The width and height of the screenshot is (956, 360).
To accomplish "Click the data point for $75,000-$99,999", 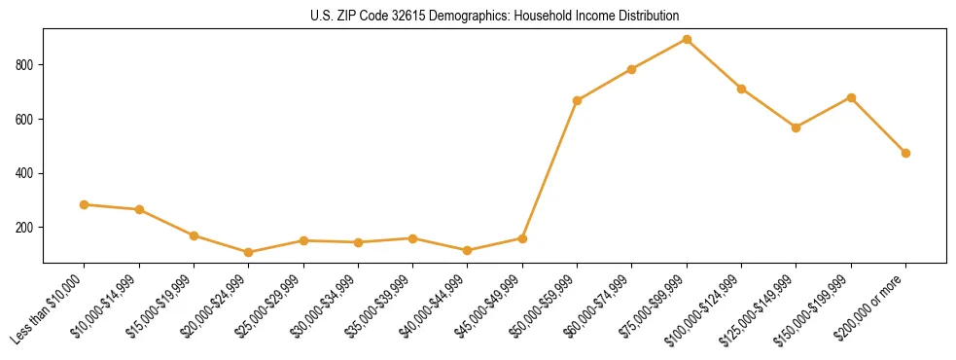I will click(x=687, y=39).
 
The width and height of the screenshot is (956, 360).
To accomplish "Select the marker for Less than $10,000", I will click(x=84, y=204).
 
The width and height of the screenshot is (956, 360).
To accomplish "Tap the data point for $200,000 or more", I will click(x=905, y=153).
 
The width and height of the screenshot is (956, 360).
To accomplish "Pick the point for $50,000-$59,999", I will click(x=577, y=100).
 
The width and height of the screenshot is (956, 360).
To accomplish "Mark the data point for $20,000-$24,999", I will click(x=248, y=252).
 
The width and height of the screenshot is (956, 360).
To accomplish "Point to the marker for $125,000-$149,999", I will click(x=796, y=127).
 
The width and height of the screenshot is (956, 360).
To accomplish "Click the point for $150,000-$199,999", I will click(x=851, y=97).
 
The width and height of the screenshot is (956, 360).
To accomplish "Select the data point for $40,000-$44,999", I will click(x=468, y=250).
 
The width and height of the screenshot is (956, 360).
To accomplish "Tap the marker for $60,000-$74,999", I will click(x=632, y=69).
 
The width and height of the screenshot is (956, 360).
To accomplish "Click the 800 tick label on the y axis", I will click(x=27, y=65).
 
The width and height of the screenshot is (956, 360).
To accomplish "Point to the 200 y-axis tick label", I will click(x=27, y=228).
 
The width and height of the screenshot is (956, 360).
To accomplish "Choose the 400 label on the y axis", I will click(x=27, y=173).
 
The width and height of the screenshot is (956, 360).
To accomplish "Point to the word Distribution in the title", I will click(x=646, y=16).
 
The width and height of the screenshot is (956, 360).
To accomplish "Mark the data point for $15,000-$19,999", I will click(x=194, y=235).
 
